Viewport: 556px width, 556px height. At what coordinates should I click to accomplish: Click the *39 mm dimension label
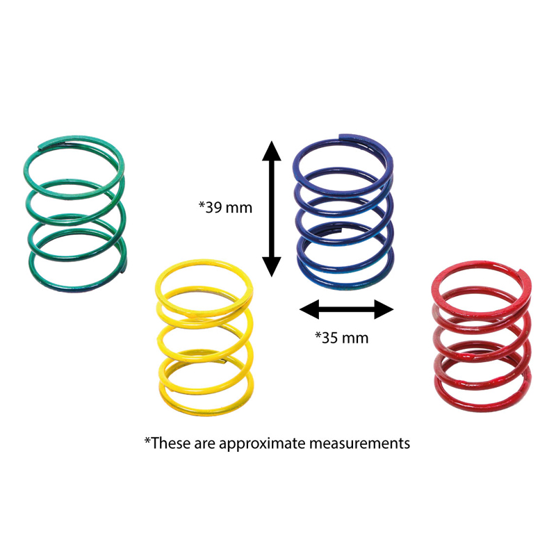coord(225,207)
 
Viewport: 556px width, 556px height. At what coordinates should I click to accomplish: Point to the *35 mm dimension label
coord(342,338)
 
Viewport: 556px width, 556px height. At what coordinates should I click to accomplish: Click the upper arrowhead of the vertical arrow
coord(272,151)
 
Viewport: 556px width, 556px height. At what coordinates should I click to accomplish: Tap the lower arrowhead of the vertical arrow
coord(272,267)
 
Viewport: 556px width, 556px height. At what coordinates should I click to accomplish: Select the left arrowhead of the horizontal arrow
coord(309,309)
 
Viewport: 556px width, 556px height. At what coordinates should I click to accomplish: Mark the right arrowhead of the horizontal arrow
coord(384,309)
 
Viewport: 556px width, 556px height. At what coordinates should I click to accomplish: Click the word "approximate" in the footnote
coord(262,443)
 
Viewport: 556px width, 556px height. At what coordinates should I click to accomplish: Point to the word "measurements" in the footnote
coord(359,443)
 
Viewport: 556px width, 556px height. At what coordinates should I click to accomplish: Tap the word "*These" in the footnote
coord(167,443)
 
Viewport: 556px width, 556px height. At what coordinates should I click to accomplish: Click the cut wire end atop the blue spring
coord(341,136)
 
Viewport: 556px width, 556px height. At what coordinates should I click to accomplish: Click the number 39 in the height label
coord(214,208)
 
